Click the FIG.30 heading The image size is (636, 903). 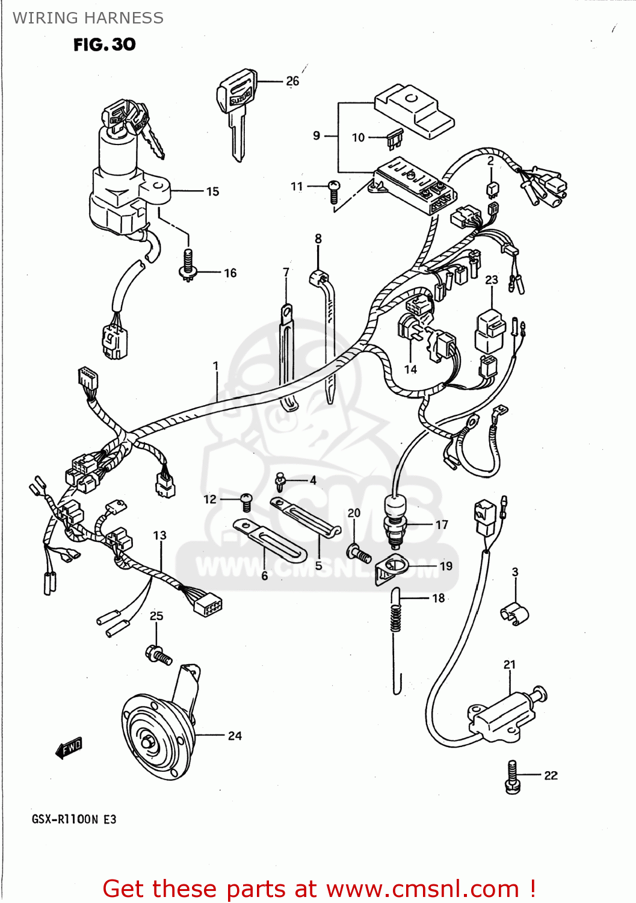pos(104,45)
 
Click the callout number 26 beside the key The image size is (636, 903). pos(292,81)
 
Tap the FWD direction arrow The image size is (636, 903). pos(69,748)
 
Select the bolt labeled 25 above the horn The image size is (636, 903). pos(159,655)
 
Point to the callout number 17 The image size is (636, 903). pos(442,524)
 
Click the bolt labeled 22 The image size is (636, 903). pos(512,777)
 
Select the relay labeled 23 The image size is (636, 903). pos(489,330)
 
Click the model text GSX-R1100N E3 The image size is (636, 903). pos(74,819)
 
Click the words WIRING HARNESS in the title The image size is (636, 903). pos(88,18)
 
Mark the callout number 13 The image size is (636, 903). pos(159,535)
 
